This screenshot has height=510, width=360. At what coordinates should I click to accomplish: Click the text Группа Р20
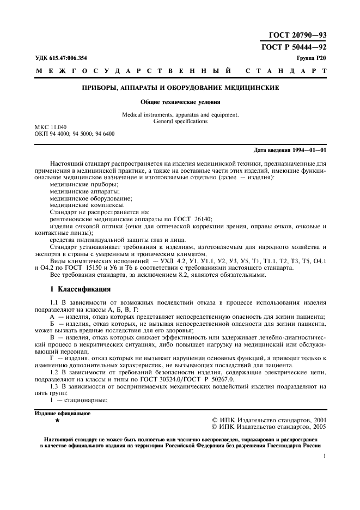[x=312, y=57]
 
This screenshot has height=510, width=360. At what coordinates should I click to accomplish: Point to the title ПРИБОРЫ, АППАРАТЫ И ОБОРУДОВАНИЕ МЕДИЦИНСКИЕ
[x=180, y=87]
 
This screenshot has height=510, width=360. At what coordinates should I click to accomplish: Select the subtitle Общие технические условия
[x=180, y=101]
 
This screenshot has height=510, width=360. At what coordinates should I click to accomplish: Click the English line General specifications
[x=180, y=122]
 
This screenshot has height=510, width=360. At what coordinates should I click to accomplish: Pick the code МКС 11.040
[x=51, y=127]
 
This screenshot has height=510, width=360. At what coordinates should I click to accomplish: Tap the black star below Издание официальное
[x=58, y=421]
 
